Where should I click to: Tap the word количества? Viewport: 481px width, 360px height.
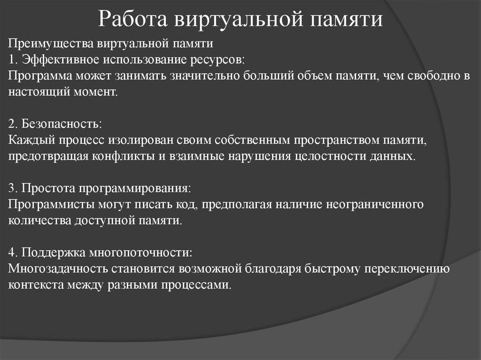pyautogui.click(x=39, y=221)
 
